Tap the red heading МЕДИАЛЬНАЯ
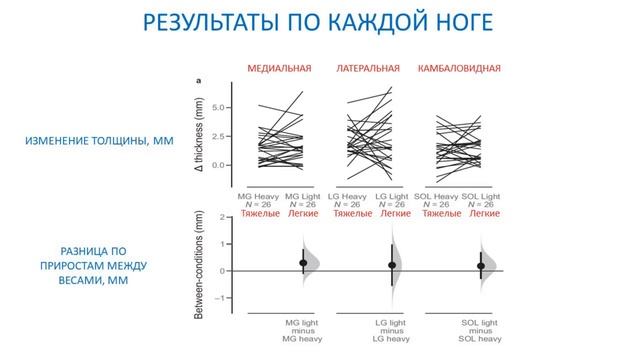(x=279, y=69)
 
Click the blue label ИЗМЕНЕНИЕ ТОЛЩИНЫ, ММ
(x=99, y=142)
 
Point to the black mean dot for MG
(x=304, y=263)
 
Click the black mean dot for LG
(x=392, y=265)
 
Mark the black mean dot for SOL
(x=481, y=266)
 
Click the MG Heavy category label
(x=258, y=196)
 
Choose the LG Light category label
(x=393, y=196)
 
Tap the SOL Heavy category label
(x=435, y=196)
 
